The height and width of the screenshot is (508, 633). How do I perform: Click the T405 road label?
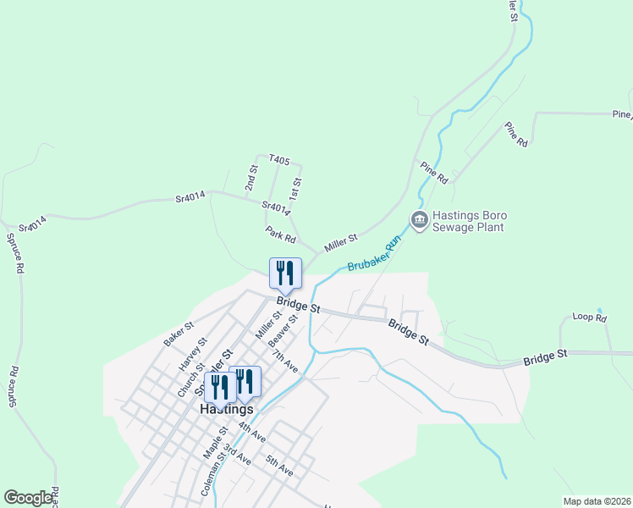tap(279, 160)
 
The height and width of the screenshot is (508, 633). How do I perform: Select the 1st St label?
tap(295, 186)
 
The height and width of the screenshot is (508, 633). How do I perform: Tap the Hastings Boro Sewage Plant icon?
tap(419, 220)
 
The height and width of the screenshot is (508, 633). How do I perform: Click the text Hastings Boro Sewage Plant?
tap(468, 221)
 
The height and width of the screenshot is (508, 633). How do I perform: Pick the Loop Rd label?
tap(590, 318)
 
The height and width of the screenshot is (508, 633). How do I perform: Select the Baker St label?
tap(179, 334)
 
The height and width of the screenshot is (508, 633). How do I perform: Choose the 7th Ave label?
tap(285, 362)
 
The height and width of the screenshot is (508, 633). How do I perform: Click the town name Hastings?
tap(227, 408)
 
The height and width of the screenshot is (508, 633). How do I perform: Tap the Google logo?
tap(28, 497)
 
